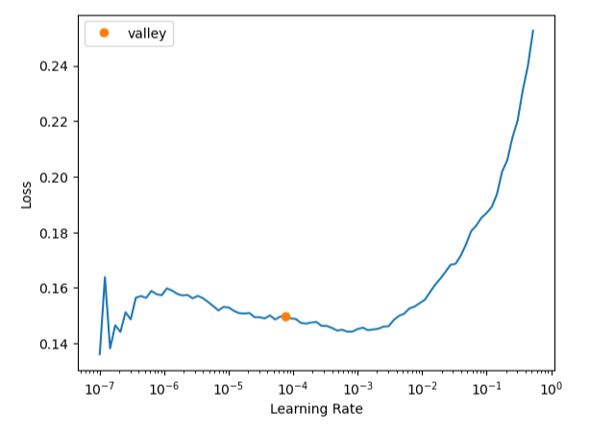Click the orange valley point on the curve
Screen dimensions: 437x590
(285, 317)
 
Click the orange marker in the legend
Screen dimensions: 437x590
(104, 33)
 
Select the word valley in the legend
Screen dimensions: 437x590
(147, 34)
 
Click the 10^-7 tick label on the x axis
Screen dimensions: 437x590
(100, 389)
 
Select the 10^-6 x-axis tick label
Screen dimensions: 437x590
(164, 389)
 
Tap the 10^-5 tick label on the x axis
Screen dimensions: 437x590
(229, 389)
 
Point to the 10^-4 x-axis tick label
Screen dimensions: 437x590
(293, 389)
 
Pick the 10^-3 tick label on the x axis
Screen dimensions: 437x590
(357, 389)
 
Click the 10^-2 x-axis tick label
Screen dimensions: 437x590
(422, 389)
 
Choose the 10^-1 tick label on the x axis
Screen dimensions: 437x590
(486, 389)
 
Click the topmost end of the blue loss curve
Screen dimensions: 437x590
(533, 31)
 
